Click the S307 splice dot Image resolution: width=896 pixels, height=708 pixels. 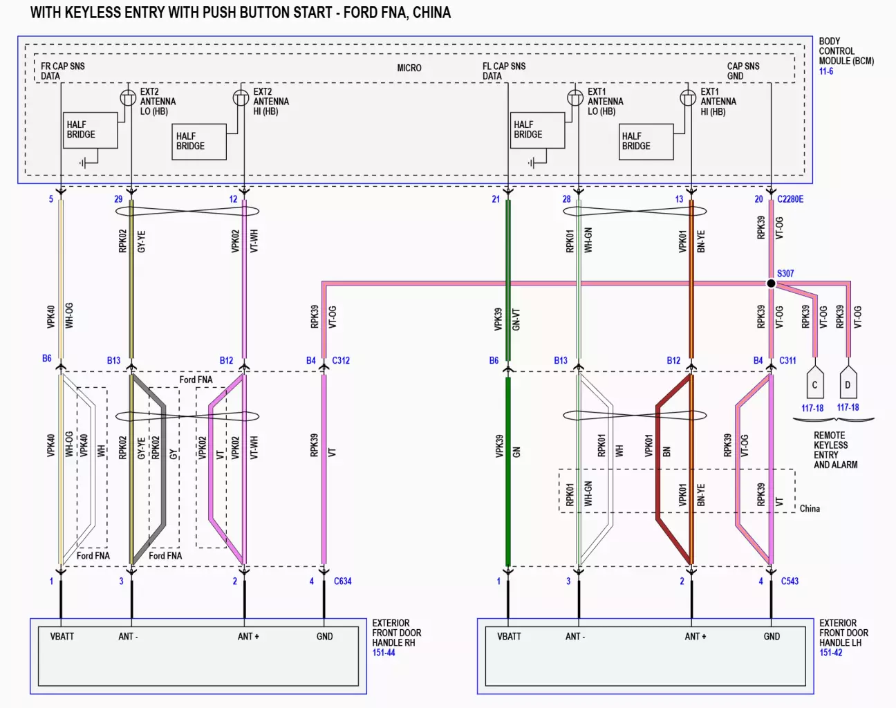[771, 283]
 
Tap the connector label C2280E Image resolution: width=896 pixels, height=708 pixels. [790, 199]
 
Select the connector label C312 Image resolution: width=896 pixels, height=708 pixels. [341, 360]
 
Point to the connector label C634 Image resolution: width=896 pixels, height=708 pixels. [342, 581]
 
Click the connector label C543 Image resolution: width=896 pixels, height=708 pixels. [790, 581]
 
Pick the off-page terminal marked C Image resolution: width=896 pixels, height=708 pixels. [814, 384]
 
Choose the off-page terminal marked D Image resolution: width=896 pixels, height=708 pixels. [848, 384]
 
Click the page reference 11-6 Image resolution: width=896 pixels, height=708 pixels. [826, 71]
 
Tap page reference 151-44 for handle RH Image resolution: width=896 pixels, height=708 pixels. [384, 653]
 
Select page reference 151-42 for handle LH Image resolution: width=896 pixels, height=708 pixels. [831, 653]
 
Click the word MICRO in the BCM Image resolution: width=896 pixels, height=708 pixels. [409, 68]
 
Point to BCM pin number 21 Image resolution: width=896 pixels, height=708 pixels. [496, 199]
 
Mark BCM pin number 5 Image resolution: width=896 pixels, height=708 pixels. [50, 199]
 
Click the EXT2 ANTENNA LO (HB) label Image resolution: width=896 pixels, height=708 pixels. [158, 102]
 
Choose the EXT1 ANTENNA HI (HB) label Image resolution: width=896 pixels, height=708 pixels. [718, 102]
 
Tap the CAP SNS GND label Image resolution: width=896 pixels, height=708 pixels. [743, 71]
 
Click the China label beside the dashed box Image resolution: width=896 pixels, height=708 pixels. [810, 509]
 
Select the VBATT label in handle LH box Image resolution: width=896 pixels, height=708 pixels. [509, 637]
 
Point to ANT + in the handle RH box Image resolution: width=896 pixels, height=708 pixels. [248, 637]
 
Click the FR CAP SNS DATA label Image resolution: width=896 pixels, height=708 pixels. [63, 71]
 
